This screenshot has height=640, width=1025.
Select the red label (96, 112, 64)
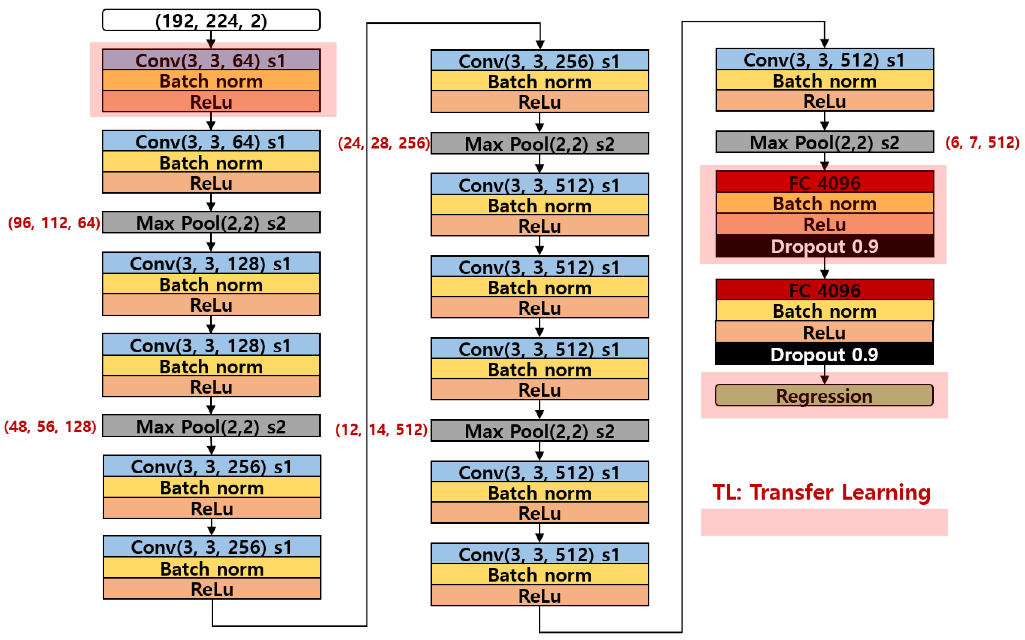(54, 223)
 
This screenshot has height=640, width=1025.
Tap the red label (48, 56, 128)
(50, 426)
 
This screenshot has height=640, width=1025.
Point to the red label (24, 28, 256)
(384, 143)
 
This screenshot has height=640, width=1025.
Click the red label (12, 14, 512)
(381, 430)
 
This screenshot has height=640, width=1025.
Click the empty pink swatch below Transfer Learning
(824, 522)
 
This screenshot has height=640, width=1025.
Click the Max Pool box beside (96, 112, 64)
(211, 223)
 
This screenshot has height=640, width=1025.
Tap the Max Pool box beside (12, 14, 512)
(539, 431)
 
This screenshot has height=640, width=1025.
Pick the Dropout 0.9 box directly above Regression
(824, 354)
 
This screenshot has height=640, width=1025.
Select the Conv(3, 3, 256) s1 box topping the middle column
(539, 61)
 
